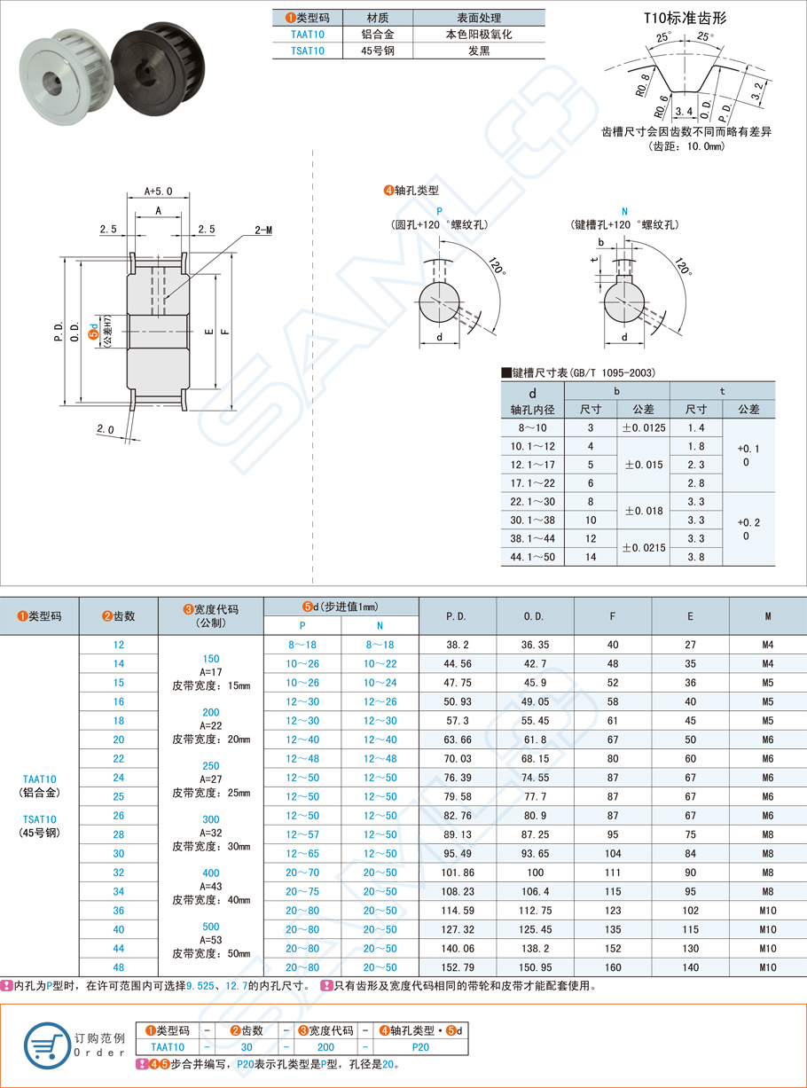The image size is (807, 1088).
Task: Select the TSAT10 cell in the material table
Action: tap(307, 51)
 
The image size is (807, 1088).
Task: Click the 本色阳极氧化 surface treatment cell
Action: tap(479, 35)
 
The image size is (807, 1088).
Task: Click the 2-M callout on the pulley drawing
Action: tap(263, 231)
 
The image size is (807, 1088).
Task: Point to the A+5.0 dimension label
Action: tap(158, 191)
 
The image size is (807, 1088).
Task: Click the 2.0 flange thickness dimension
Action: tap(106, 429)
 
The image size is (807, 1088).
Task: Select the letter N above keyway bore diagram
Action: tap(624, 211)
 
